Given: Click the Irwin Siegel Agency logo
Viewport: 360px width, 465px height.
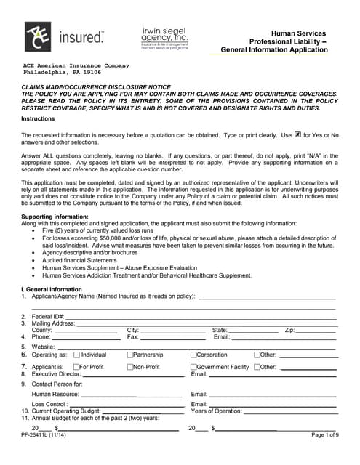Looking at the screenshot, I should click(x=164, y=37).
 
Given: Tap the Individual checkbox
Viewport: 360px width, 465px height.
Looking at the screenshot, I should click(x=75, y=355).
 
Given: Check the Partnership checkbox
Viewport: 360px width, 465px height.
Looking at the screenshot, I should click(x=129, y=355).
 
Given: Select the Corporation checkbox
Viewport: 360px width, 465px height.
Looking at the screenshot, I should click(x=193, y=355).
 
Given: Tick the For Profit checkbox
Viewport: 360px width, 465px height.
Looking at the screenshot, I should click(x=75, y=368).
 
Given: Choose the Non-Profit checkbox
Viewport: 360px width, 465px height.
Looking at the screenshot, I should click(x=129, y=368).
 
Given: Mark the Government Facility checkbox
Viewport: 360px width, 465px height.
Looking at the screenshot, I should click(x=193, y=368).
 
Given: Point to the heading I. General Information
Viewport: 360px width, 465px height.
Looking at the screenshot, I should click(x=52, y=288).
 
